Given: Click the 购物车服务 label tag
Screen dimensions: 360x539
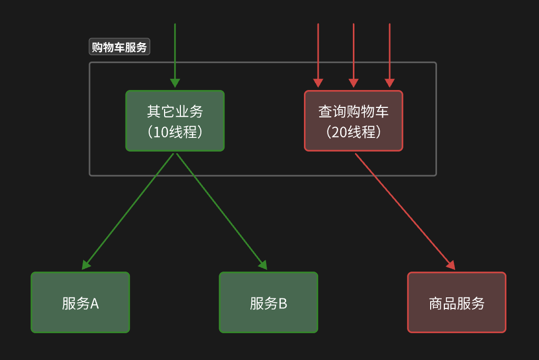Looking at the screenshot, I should click(119, 47).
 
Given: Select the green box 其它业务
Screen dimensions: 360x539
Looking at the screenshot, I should click(175, 121).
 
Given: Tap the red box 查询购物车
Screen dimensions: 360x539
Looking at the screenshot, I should click(353, 121).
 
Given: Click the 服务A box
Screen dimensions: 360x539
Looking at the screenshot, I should click(80, 302).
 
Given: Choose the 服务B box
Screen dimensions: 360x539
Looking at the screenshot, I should click(268, 302).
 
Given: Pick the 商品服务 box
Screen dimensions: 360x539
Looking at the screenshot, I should click(456, 302).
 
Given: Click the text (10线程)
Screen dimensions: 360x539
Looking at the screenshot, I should click(175, 132).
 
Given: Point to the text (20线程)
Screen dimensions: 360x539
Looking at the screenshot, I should click(353, 132).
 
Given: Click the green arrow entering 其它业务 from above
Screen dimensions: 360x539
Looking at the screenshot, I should click(175, 53).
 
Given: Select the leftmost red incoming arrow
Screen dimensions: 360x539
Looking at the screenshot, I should click(318, 53).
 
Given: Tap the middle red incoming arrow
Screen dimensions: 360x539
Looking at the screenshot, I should click(353, 53).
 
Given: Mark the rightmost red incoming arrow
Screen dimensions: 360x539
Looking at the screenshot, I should click(390, 53).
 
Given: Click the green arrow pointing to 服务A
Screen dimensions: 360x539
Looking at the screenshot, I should click(129, 211).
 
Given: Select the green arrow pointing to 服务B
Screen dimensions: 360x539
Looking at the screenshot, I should click(221, 211).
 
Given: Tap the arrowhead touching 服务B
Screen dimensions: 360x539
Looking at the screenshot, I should click(262, 265).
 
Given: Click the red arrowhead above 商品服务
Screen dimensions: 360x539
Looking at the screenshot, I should click(450, 265).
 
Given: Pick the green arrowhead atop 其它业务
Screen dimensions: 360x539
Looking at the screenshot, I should click(175, 83).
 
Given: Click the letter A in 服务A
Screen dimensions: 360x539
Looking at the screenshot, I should click(95, 303).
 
